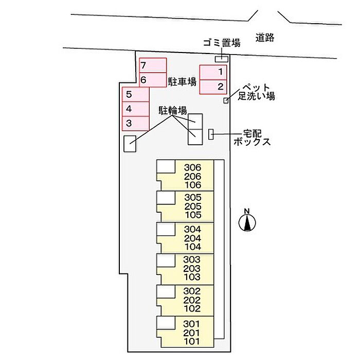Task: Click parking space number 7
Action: click(153, 66)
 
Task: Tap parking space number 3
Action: click(135, 123)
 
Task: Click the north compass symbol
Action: click(247, 222)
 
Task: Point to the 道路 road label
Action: click(265, 37)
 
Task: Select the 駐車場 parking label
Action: click(183, 81)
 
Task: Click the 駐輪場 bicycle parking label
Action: click(172, 109)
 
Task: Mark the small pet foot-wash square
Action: click(226, 100)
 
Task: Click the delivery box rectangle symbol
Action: click(211, 134)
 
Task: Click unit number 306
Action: click(191, 167)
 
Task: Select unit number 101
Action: click(191, 340)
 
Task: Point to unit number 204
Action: click(191, 238)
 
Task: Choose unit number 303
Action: click(191, 260)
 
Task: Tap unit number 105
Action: click(191, 215)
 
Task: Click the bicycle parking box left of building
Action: click(130, 144)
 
